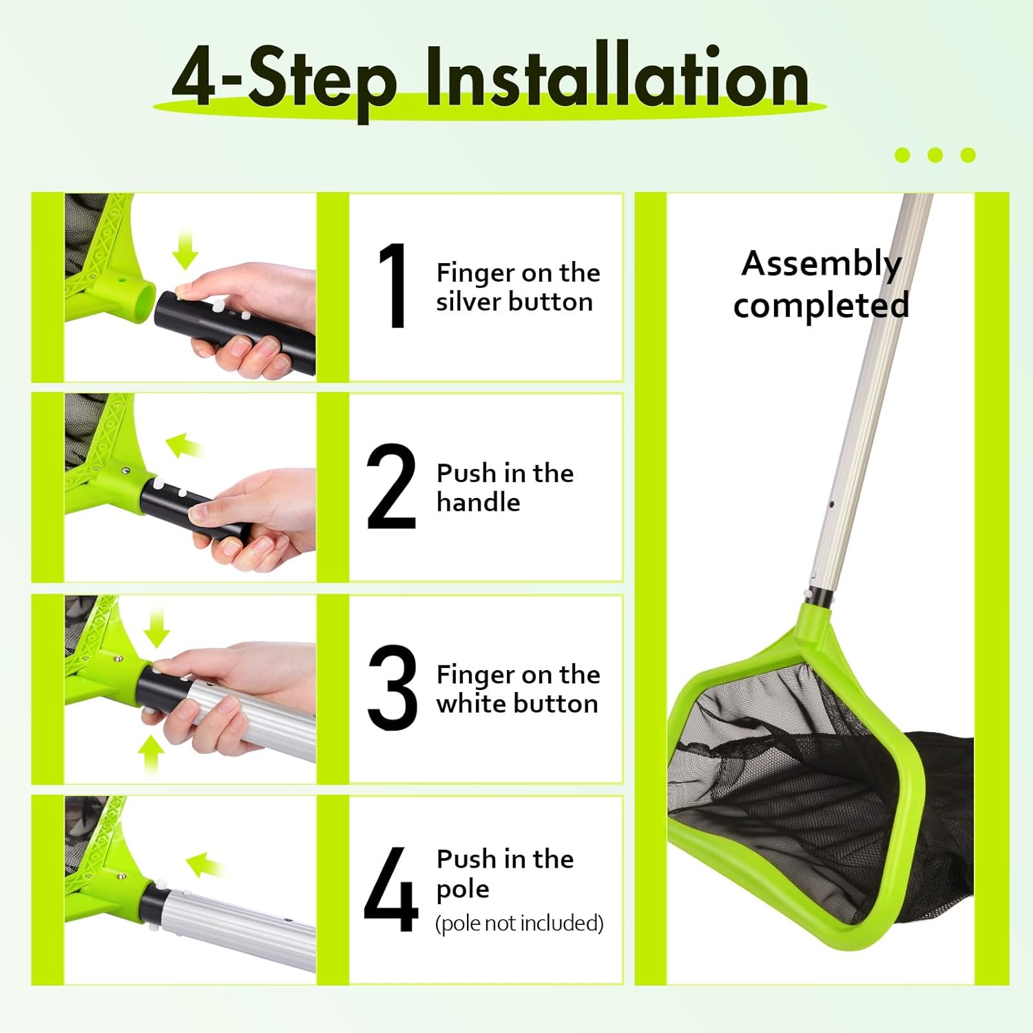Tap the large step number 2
click(391, 486)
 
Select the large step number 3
click(393, 687)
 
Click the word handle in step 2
click(479, 502)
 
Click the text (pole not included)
click(519, 923)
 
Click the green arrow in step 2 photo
click(184, 445)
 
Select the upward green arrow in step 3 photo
click(151, 755)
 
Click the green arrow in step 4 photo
click(205, 865)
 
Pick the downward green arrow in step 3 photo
click(156, 627)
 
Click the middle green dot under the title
click(935, 155)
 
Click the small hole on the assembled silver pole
click(832, 505)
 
